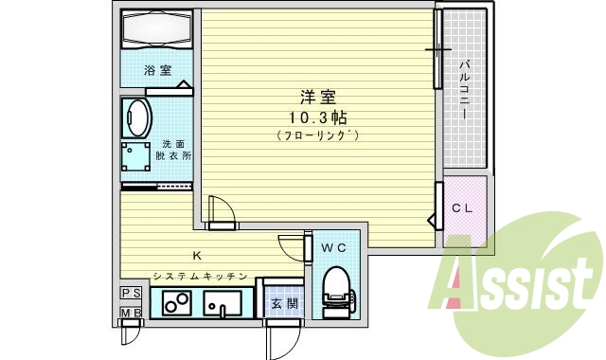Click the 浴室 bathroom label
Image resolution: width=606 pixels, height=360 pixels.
(x=158, y=71)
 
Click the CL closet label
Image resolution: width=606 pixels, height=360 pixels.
(x=463, y=207)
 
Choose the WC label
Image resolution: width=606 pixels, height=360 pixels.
(x=334, y=248)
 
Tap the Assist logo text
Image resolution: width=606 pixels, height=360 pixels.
(x=517, y=281)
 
